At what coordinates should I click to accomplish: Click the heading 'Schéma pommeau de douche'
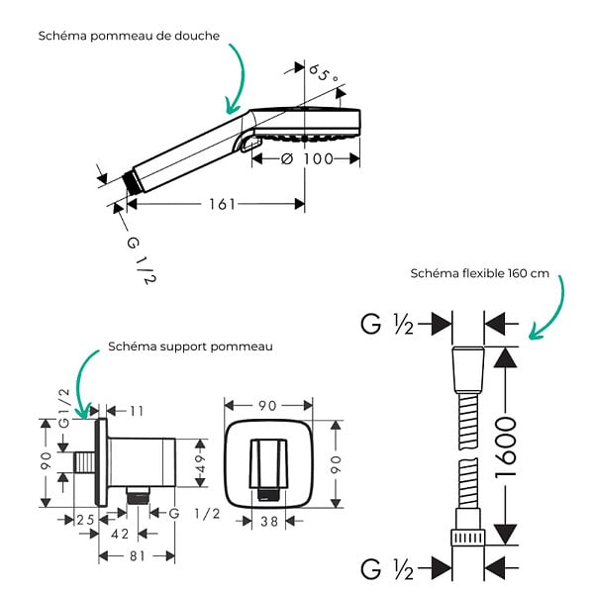[129, 36]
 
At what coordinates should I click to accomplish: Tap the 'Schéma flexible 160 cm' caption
[479, 273]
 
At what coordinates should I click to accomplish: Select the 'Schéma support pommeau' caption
[190, 346]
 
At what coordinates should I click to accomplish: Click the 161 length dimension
[223, 205]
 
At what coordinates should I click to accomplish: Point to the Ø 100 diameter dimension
[307, 159]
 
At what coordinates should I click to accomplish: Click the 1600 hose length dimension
[506, 446]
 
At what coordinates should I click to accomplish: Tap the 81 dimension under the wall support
[138, 556]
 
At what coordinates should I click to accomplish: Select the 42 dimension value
[120, 535]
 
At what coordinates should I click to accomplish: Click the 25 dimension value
[85, 520]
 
